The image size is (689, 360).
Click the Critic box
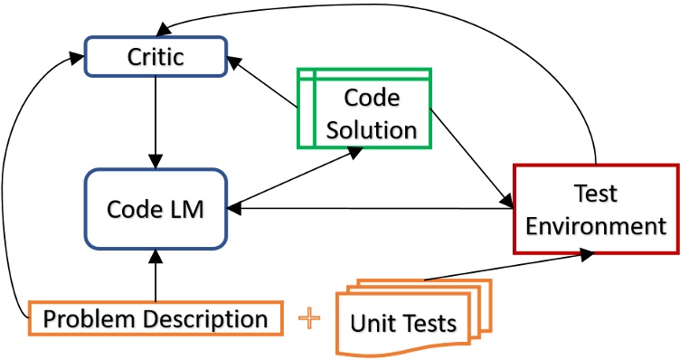(x=155, y=58)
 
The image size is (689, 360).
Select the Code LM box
(x=155, y=209)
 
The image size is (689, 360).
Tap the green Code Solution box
(x=365, y=109)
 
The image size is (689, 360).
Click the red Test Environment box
(x=595, y=209)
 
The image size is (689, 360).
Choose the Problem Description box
(x=156, y=318)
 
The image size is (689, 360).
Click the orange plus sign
(x=310, y=318)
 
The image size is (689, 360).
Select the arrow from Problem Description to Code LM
(x=156, y=276)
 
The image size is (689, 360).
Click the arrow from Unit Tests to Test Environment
(x=506, y=267)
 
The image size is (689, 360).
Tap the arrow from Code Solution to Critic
(x=264, y=85)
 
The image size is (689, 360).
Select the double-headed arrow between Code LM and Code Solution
(x=289, y=178)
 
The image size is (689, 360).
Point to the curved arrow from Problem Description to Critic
(x=11, y=181)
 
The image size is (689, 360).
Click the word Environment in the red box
(x=596, y=224)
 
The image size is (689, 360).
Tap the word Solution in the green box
(x=372, y=128)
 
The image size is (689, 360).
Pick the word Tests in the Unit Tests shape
(x=430, y=324)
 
